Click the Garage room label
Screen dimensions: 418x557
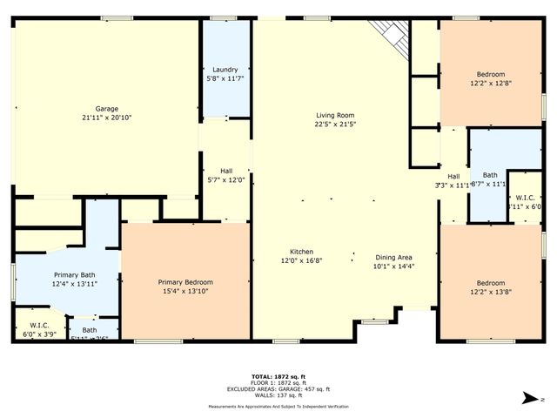pos(106,108)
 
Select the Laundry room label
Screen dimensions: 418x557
pos(225,70)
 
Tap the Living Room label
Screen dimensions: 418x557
pos(335,115)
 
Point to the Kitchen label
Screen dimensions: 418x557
pos(297,251)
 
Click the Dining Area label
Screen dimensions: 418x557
pos(393,256)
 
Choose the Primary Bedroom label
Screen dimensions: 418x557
pos(185,282)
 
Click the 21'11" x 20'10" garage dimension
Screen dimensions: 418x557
pos(106,118)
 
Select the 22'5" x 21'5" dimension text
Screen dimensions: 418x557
pos(335,125)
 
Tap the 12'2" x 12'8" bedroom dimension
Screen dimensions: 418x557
pos(490,84)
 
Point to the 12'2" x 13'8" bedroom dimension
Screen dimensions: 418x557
pos(490,293)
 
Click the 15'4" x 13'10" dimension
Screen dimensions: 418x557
pos(185,292)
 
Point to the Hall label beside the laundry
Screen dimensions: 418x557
pos(225,171)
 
